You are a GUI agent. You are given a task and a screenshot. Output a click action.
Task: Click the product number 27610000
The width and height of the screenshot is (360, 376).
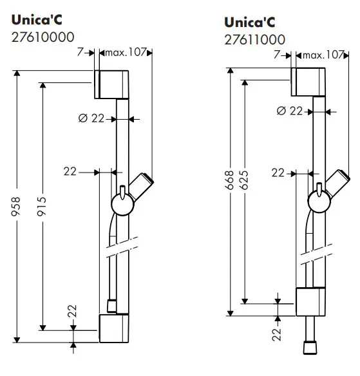43,37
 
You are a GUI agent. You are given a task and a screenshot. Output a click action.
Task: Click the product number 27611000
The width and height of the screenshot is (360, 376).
254,40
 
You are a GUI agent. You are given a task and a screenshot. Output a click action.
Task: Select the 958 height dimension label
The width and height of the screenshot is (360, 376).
16,207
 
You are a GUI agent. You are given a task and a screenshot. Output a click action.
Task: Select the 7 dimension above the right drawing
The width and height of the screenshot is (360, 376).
277,55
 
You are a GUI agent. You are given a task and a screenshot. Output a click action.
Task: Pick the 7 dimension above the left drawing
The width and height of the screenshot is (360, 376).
80,52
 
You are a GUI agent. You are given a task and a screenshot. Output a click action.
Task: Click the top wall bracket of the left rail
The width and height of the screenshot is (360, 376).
114,84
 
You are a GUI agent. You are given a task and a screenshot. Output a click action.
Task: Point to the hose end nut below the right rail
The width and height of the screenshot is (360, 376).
311,348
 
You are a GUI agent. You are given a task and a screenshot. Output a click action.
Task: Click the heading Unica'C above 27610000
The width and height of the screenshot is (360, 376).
36,21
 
